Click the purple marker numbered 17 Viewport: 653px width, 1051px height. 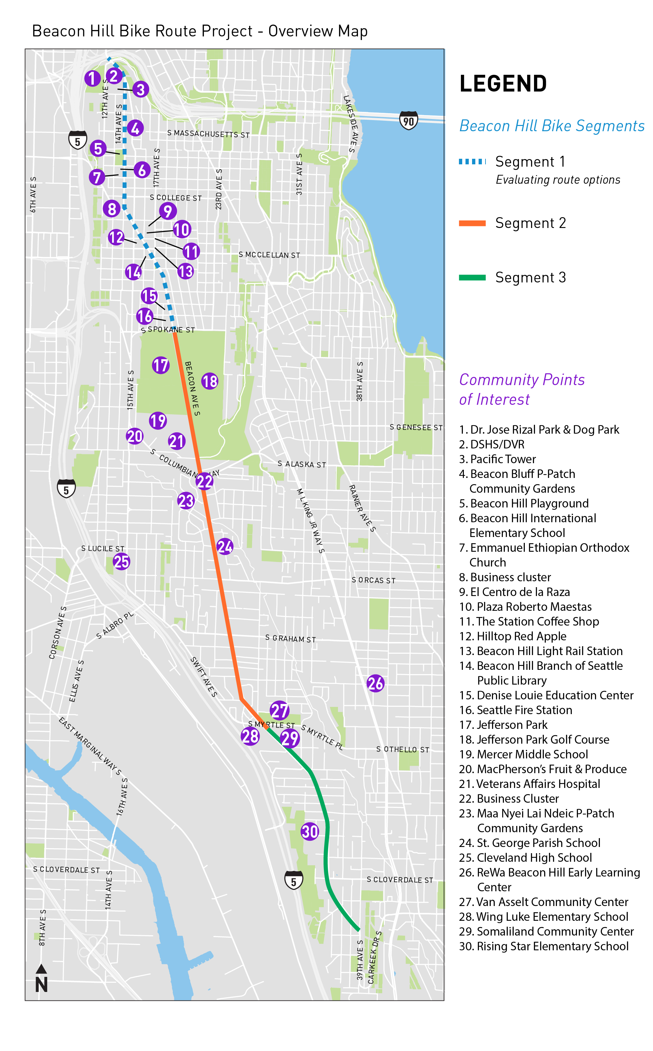tap(161, 365)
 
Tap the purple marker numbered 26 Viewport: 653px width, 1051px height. tap(375, 683)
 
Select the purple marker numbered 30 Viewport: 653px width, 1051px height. tap(310, 831)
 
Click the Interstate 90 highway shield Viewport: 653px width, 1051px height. tap(408, 121)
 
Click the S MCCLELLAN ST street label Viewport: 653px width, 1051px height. tap(269, 255)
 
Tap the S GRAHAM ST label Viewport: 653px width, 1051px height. tap(290, 638)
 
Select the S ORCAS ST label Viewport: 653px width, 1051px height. tap(373, 580)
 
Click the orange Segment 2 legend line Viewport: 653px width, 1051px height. tap(472, 223)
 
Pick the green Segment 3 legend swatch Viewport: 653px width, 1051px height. tap(472, 278)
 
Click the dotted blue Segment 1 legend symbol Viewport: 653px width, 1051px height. tap(472, 162)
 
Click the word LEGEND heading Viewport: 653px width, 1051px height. tap(503, 83)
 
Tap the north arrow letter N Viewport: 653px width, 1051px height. tap(41, 984)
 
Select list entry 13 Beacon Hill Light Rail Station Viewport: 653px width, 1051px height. tap(541, 651)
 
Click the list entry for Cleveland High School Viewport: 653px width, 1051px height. tap(525, 857)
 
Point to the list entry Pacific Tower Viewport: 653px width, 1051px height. tap(498, 459)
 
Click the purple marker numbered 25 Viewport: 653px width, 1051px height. tap(121, 561)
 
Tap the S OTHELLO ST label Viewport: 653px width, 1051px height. tap(403, 749)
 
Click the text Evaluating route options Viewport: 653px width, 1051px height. tap(558, 180)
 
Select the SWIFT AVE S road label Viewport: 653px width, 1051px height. tap(204, 677)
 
